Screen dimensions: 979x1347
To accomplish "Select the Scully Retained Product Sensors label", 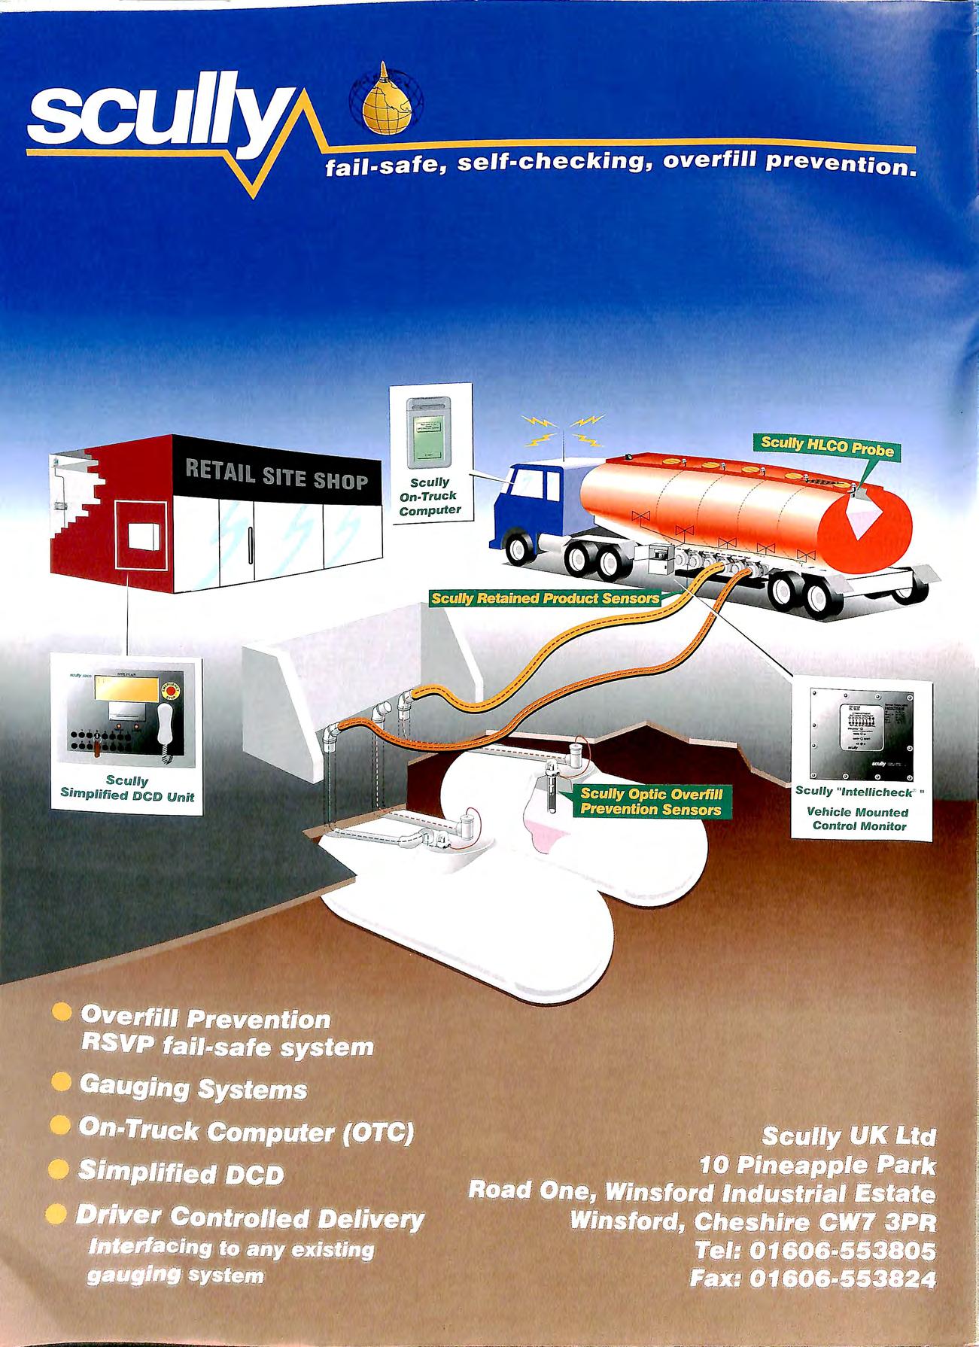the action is [x=544, y=598].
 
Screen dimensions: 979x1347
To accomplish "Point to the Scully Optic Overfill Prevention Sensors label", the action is [x=651, y=801].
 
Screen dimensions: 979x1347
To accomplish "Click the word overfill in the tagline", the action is [x=710, y=163].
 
